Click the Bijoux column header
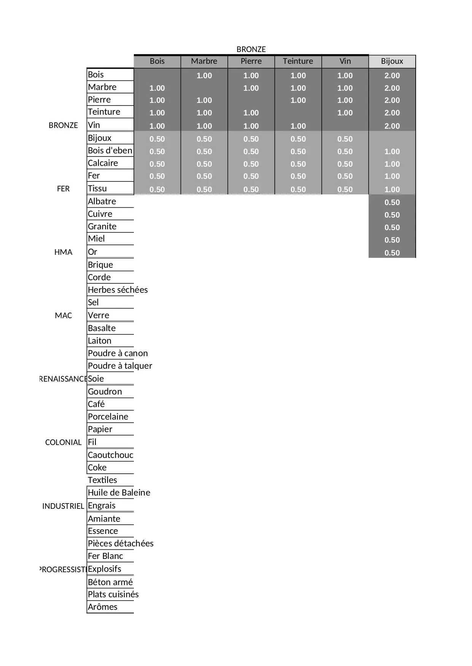click(392, 61)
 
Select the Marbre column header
click(204, 61)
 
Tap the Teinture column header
click(298, 61)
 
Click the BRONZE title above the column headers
click(251, 49)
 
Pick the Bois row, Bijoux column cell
click(392, 76)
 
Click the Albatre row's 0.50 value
click(392, 202)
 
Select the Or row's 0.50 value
click(392, 253)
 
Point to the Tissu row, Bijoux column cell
click(392, 189)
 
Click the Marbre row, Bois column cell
click(157, 88)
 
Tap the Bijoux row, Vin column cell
click(345, 139)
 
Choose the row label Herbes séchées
click(118, 290)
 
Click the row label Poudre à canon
click(118, 353)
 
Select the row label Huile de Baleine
click(119, 492)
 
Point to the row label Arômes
click(102, 607)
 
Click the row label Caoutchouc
click(110, 455)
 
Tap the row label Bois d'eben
click(110, 150)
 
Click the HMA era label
click(63, 252)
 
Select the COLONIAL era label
click(63, 442)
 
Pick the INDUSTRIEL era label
click(63, 506)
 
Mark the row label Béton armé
click(110, 582)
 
